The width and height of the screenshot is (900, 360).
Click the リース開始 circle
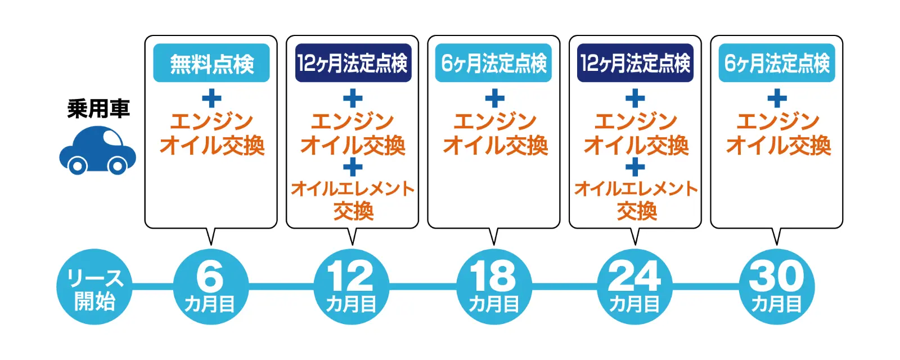pyautogui.click(x=94, y=287)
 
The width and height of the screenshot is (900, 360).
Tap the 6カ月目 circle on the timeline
pyautogui.click(x=210, y=287)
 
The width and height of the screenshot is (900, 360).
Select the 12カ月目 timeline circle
pyautogui.click(x=352, y=287)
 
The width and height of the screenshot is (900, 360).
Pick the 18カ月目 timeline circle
pyautogui.click(x=493, y=287)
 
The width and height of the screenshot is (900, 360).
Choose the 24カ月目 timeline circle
pyautogui.click(x=634, y=287)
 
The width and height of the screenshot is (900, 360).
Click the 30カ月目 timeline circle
pyautogui.click(x=777, y=287)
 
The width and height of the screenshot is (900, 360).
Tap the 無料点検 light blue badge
pyautogui.click(x=211, y=63)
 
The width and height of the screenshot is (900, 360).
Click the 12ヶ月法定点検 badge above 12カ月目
pyautogui.click(x=353, y=63)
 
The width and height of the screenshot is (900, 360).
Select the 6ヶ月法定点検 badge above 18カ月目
pyautogui.click(x=494, y=63)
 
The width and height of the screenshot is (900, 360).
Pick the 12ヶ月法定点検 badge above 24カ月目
pyautogui.click(x=635, y=63)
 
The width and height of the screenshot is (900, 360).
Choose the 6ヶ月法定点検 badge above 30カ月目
pyautogui.click(x=777, y=63)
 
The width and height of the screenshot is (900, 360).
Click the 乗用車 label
pyautogui.click(x=98, y=109)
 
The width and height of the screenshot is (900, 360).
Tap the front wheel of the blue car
pyautogui.click(x=117, y=165)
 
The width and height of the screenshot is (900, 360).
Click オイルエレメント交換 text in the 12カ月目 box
pyautogui.click(x=353, y=200)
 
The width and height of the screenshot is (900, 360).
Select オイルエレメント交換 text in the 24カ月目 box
pyautogui.click(x=636, y=200)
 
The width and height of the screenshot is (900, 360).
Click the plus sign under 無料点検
pyautogui.click(x=211, y=99)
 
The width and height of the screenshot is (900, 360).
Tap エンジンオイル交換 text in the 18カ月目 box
pyautogui.click(x=495, y=134)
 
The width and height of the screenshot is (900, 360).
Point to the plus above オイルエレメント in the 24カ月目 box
pyautogui.click(x=635, y=167)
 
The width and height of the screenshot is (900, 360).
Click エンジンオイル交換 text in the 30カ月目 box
pyautogui.click(x=778, y=134)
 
